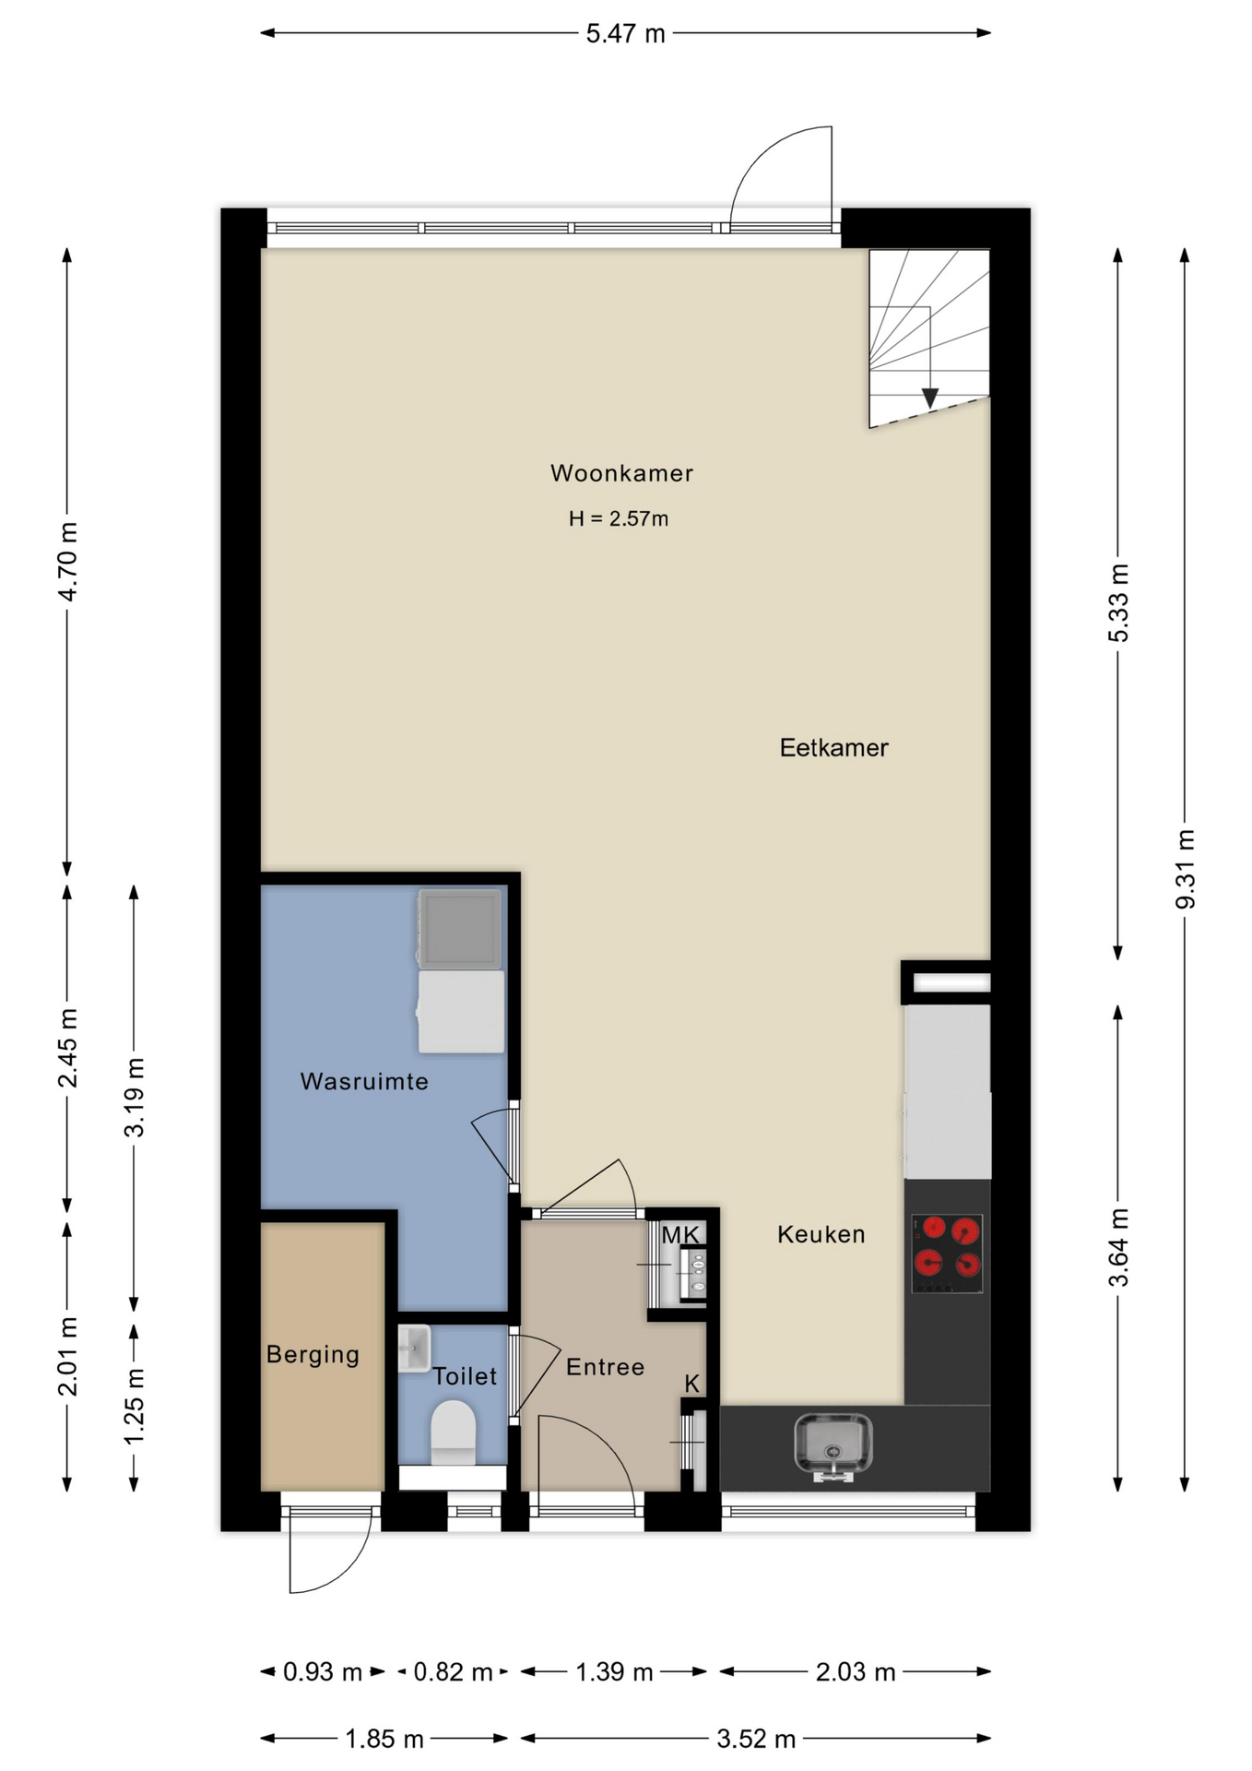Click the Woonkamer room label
point(621,473)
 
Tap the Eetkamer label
point(833,747)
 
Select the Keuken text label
point(821,1234)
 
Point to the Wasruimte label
point(364,1081)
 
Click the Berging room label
point(313,1355)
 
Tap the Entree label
point(605,1367)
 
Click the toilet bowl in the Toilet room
point(453,1432)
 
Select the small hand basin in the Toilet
point(415,1349)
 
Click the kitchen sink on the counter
point(833,1445)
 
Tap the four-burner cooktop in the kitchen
point(947,1254)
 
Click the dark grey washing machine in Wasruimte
point(460,929)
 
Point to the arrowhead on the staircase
point(930,398)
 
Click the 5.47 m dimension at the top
point(625,34)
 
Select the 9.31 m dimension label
point(1185,869)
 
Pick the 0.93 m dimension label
point(323,1671)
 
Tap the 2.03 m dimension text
point(856,1671)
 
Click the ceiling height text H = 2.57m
point(619,518)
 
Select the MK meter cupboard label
point(680,1234)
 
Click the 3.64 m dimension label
point(1118,1247)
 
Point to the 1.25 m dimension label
point(135,1407)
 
